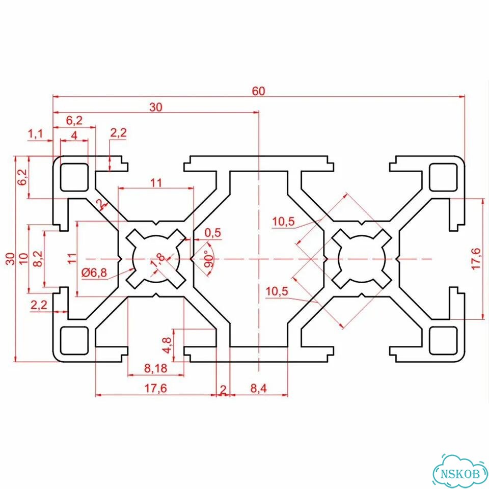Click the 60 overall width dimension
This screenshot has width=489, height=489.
point(259,91)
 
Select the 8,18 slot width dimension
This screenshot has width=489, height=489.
point(156,368)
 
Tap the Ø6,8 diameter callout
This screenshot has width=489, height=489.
point(94,273)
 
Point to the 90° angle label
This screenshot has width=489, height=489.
point(209,259)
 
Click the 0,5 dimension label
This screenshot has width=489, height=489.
point(213,233)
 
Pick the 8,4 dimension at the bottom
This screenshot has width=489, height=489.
point(259,388)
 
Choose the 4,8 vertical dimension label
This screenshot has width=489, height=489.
point(167,345)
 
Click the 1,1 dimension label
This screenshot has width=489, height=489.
point(36,134)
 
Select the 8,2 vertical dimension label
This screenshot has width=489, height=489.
point(38,259)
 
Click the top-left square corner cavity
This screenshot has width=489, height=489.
point(74,177)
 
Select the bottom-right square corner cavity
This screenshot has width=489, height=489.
point(443,341)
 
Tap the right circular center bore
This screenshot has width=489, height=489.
point(362,259)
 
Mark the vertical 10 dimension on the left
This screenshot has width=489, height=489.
point(24,259)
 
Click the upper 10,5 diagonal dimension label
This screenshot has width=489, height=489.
point(283,222)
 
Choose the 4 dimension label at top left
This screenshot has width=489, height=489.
point(74,135)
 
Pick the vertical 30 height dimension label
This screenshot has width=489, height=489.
point(10,259)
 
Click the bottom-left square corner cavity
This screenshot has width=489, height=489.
point(74,341)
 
